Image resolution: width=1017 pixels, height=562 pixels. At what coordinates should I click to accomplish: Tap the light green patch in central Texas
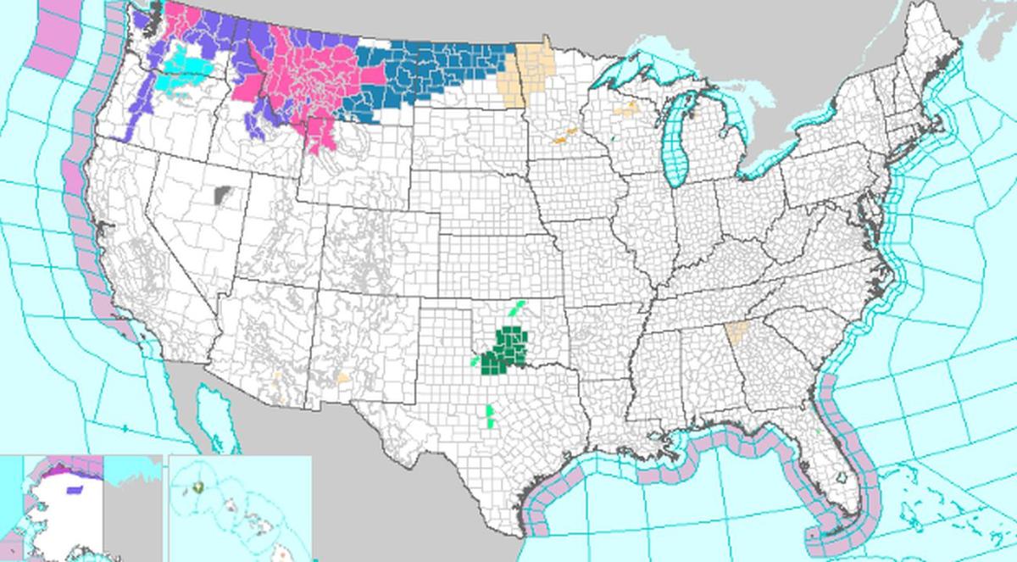(x=490, y=415)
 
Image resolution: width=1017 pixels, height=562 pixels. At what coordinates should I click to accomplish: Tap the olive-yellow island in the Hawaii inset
(x=197, y=487)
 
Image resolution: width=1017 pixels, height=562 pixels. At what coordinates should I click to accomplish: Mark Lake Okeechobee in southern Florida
(x=840, y=479)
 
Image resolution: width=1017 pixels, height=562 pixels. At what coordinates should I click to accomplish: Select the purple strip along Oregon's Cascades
(x=136, y=119)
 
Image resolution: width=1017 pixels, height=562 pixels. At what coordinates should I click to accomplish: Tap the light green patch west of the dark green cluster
(x=473, y=361)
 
